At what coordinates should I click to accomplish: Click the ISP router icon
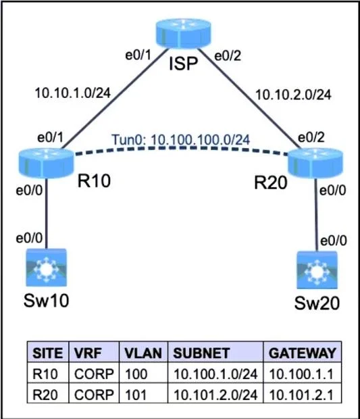(x=183, y=33)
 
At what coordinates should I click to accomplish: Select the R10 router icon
(x=46, y=164)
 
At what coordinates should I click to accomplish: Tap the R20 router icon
(x=315, y=164)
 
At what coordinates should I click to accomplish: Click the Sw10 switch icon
(x=46, y=268)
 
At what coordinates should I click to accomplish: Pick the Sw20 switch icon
(x=317, y=270)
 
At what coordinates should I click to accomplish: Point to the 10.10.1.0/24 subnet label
(x=73, y=93)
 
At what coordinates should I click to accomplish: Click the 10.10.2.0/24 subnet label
(x=294, y=95)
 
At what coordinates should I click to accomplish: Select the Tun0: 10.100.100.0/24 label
(x=181, y=139)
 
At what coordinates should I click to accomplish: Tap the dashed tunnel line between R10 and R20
(x=181, y=148)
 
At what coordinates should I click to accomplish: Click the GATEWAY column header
(x=303, y=353)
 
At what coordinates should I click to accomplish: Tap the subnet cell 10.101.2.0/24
(x=215, y=394)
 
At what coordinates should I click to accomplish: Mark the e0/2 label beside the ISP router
(x=228, y=56)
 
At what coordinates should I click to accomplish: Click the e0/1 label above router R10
(x=51, y=137)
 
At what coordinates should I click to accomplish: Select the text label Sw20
(x=317, y=303)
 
